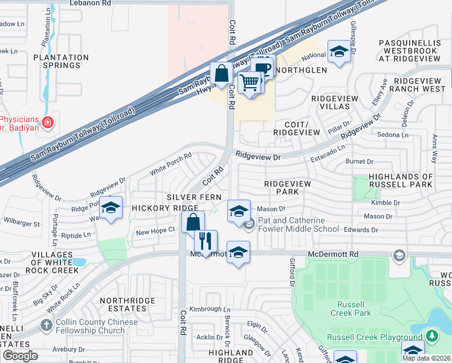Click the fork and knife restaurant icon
point(205,241)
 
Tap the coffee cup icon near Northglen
point(263,67)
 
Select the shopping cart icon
point(250,82)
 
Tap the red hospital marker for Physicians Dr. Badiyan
point(48,123)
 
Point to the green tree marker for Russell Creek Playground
point(431,336)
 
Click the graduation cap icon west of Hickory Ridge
point(111,208)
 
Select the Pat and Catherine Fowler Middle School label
point(299,224)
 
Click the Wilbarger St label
point(22,223)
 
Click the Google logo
point(20,356)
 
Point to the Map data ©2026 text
point(425,358)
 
